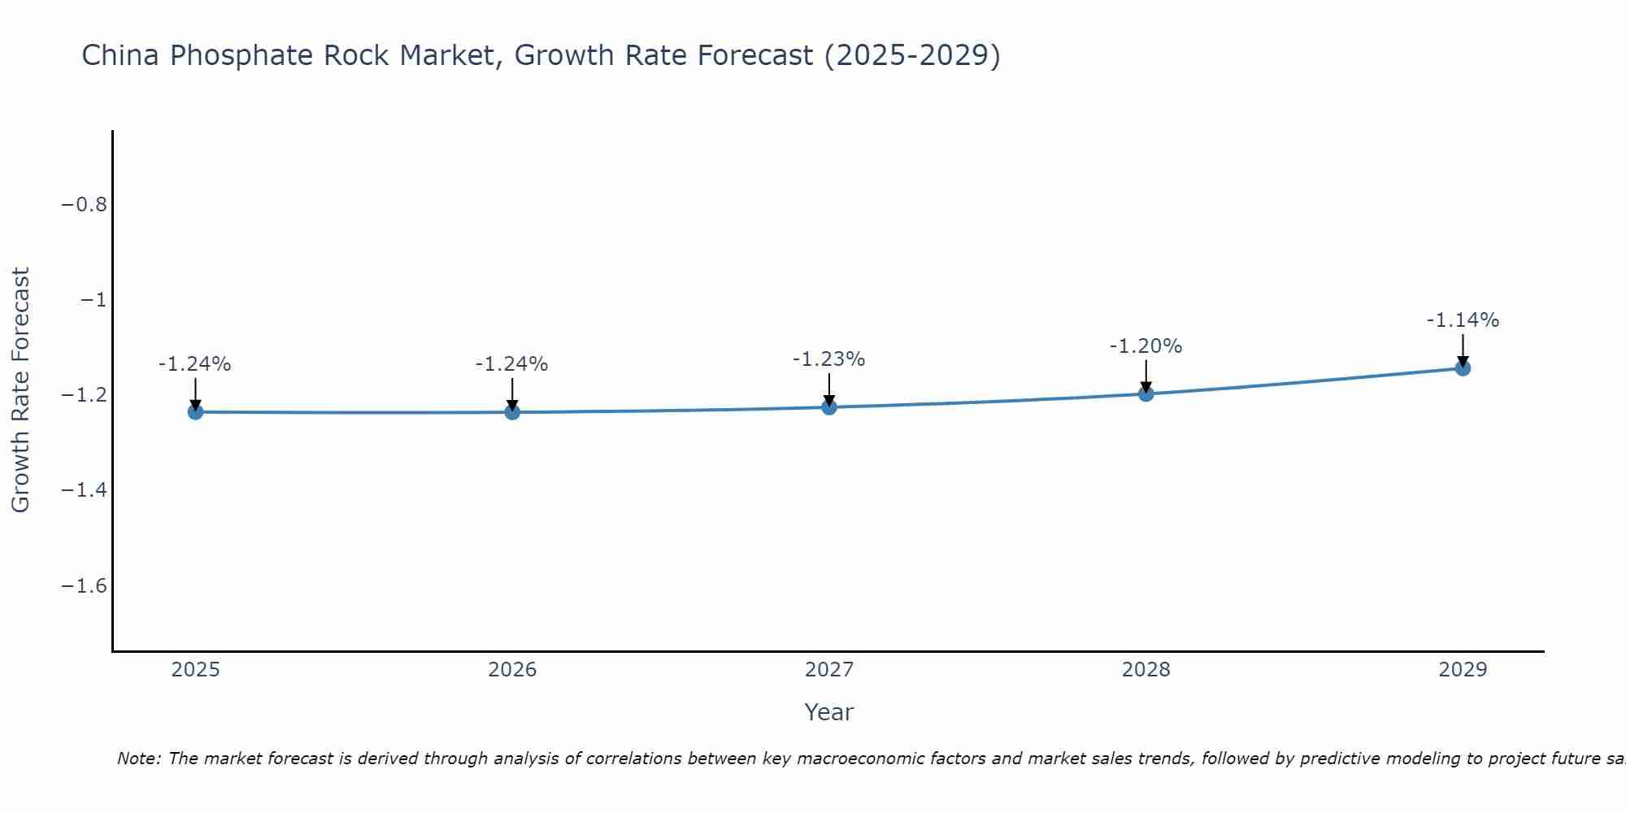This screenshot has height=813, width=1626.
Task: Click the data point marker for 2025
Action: tap(195, 412)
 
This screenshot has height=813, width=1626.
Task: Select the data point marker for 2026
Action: tap(512, 412)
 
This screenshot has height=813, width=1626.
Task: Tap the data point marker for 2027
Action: tap(829, 406)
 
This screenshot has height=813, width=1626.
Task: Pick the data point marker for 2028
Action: tap(1146, 393)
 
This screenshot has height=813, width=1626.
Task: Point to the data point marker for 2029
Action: tap(1463, 368)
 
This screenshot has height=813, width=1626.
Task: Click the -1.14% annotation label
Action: tap(1463, 320)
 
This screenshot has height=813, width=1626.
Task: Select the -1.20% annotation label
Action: tap(1146, 346)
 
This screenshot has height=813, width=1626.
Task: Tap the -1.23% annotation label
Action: tap(828, 359)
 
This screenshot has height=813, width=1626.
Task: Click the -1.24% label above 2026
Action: tap(511, 364)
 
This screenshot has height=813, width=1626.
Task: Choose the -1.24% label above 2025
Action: tap(194, 364)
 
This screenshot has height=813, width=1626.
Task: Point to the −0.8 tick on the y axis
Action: tap(85, 204)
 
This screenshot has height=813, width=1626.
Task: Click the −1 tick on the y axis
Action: tap(93, 300)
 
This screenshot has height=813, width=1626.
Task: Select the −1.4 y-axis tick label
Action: tap(85, 490)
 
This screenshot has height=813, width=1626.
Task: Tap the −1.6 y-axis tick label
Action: tap(85, 586)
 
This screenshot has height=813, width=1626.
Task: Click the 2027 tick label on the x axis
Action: tap(829, 670)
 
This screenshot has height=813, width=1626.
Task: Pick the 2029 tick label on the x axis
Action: tap(1463, 670)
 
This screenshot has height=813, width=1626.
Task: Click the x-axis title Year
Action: tap(828, 713)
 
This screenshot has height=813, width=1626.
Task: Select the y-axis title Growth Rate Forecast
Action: tap(20, 390)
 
